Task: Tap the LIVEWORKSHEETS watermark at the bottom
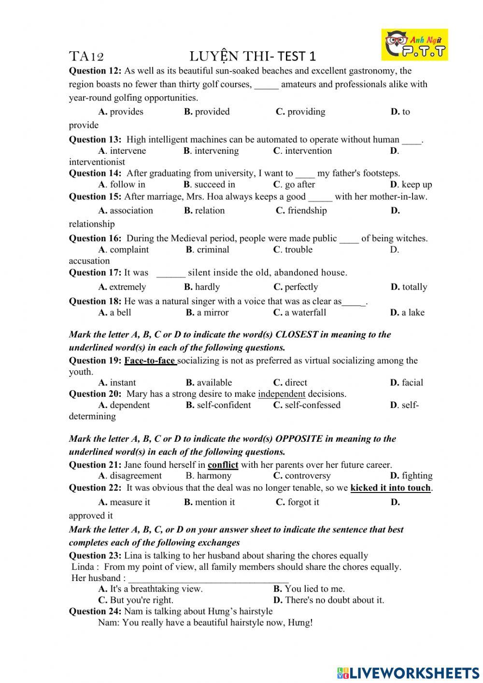point(408,672)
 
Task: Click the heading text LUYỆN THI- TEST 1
point(252,57)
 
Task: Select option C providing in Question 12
point(300,112)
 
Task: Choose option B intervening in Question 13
point(211,151)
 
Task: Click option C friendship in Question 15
point(301,211)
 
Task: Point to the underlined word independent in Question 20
point(282,394)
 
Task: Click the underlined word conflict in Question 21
point(223,465)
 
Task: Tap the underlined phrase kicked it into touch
point(390,488)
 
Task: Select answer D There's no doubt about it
point(328,600)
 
